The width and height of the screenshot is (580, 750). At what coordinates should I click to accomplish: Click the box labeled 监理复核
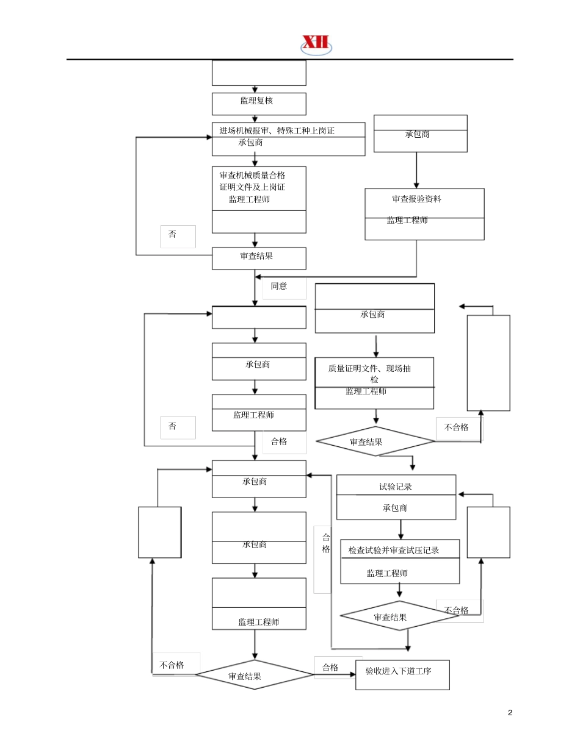(x=259, y=103)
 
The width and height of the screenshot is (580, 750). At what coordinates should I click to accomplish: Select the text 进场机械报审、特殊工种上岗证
(x=277, y=130)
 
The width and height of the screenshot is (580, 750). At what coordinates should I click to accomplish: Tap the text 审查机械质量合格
(x=252, y=175)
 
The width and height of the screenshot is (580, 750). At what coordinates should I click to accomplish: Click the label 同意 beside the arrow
(x=279, y=286)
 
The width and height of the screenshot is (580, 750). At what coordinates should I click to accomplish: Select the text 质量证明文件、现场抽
(x=369, y=368)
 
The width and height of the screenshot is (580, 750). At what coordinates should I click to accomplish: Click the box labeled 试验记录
(x=396, y=486)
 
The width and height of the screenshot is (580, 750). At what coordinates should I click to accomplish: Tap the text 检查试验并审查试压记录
(x=394, y=550)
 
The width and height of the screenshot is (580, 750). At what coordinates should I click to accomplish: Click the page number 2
(x=510, y=713)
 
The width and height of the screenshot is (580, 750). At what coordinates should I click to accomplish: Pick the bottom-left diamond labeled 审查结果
(x=253, y=675)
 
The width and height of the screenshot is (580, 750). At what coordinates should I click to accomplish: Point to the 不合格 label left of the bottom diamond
(x=172, y=665)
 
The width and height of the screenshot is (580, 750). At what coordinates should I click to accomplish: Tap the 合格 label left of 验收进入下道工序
(x=330, y=667)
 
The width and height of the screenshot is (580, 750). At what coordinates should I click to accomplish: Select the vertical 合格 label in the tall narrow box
(x=326, y=543)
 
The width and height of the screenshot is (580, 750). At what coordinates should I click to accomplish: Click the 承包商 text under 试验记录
(x=395, y=508)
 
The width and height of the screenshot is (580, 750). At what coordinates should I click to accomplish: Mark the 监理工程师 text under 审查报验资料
(x=407, y=220)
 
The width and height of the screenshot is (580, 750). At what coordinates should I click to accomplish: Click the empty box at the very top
(x=259, y=73)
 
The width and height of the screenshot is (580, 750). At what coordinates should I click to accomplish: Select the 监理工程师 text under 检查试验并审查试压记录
(x=387, y=573)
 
